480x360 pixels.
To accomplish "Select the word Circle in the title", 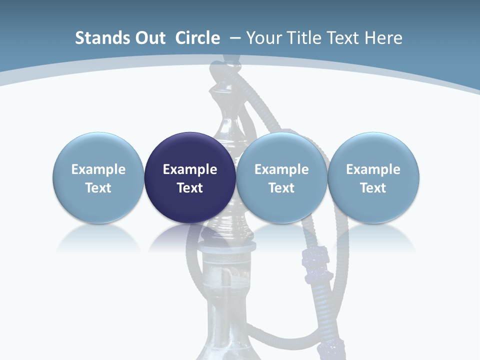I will (x=197, y=38).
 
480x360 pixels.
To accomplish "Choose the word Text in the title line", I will (x=344, y=38).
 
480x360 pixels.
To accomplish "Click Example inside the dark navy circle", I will (x=190, y=169).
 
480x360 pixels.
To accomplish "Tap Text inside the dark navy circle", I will (x=190, y=188).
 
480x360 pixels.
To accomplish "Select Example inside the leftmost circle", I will (x=98, y=169).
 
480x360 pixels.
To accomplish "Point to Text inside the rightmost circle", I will (x=373, y=188).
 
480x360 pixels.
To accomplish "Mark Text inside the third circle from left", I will (x=281, y=188).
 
